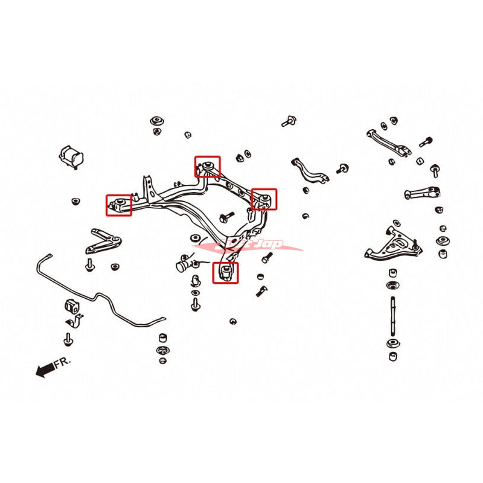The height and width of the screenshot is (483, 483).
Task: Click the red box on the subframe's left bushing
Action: tap(119, 205)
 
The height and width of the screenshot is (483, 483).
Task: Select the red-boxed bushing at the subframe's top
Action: tap(207, 166)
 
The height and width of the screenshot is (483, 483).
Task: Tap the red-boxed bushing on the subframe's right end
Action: tap(264, 199)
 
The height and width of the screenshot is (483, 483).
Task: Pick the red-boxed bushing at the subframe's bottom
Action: tap(226, 272)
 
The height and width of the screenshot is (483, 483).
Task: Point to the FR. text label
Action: tap(63, 362)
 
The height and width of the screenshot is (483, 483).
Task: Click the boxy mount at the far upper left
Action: tap(70, 156)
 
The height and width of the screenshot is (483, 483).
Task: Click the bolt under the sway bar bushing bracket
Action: tap(68, 338)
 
